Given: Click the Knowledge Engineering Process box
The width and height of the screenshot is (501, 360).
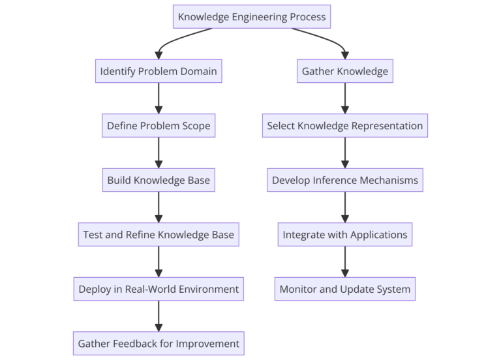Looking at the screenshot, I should [252, 17].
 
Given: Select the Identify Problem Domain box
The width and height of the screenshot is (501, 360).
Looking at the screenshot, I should [159, 71].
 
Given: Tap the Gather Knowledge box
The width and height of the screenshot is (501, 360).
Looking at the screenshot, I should [345, 71].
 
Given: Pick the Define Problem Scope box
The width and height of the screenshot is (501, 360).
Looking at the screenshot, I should [159, 126].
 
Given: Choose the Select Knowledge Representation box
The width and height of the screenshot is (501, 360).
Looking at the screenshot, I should [345, 126].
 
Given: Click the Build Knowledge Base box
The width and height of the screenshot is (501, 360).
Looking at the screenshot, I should [159, 180].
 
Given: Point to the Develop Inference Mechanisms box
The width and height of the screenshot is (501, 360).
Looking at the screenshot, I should [345, 180].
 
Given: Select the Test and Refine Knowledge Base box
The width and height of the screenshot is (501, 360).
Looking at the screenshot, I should [159, 235].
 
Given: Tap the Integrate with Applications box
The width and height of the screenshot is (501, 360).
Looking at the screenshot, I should [345, 235].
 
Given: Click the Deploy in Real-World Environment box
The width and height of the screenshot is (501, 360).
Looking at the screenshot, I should [159, 289].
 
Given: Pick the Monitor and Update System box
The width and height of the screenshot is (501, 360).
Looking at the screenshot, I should [345, 289].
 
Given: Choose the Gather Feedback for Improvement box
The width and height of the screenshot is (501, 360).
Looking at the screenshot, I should [159, 343].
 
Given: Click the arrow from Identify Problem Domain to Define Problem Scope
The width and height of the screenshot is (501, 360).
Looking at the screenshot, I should [159, 98].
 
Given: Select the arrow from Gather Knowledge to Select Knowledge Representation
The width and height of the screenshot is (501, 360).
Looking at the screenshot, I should [345, 98].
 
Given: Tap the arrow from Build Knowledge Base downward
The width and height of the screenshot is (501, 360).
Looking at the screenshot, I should [159, 207].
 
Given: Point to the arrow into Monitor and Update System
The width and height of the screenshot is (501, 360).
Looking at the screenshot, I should [345, 262].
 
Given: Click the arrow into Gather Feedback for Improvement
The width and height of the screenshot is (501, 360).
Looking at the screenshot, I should [159, 316].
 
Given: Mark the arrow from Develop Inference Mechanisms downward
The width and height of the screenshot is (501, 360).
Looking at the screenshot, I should [345, 207].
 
